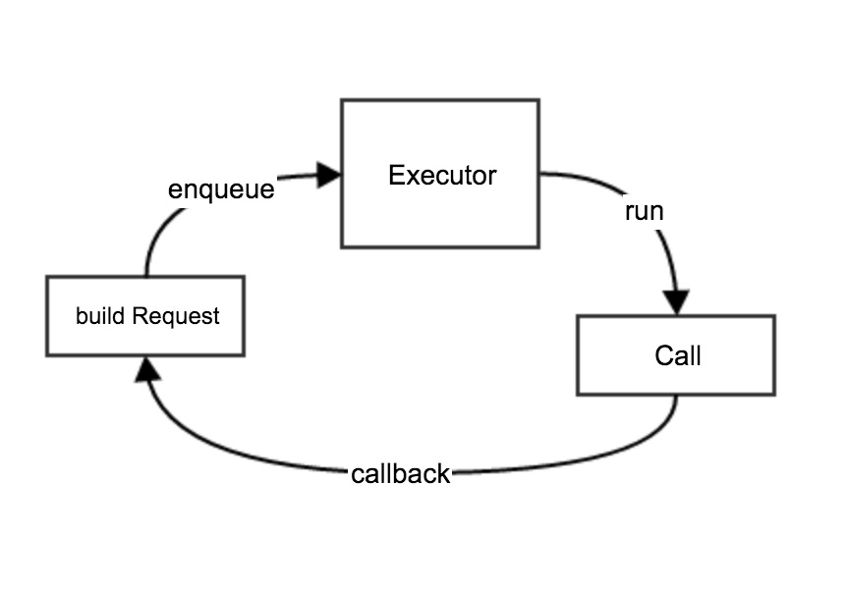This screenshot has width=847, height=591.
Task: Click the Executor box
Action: pos(439,173)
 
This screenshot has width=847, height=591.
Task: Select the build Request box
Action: pos(144,316)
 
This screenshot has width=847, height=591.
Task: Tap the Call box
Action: pos(676,354)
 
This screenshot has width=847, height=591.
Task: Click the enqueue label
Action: pos(221,189)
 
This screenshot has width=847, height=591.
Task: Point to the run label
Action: pos(644,211)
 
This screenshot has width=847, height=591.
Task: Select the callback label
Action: pos(400,474)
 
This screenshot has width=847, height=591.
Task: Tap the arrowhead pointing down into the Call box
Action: pos(676,302)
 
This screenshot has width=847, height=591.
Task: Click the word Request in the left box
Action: pos(176,317)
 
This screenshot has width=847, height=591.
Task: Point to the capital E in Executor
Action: pos(395,177)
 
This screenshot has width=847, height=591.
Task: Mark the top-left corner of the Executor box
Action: pos(342,100)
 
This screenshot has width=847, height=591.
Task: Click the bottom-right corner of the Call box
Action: pos(774,395)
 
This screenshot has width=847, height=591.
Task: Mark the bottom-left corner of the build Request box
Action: pos(47,355)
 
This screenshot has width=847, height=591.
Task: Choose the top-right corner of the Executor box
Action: pos(538,100)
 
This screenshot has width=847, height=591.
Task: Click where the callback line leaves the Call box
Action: pos(676,396)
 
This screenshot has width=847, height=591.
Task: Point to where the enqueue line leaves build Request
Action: pos(146,277)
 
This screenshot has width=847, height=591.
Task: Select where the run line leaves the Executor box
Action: pos(539,174)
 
